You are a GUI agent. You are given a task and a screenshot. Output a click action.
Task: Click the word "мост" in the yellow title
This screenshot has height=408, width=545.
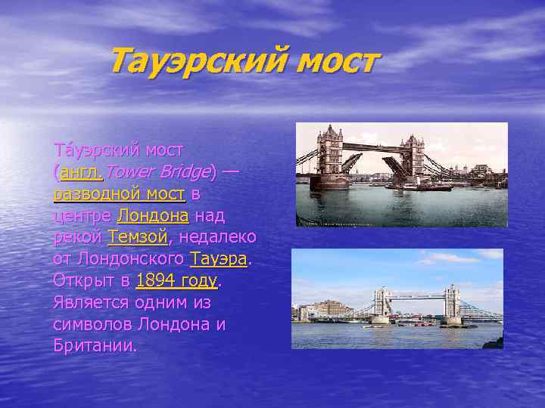[x=334, y=61]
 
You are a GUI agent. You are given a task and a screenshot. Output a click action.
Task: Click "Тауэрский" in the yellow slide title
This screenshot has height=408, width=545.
[x=196, y=61]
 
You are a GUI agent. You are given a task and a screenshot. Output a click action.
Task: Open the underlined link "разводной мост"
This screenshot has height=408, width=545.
[x=120, y=194]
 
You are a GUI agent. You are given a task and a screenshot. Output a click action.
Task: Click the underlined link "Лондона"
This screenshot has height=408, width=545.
[x=153, y=216]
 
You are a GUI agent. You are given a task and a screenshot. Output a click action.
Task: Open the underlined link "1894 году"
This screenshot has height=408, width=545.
[x=176, y=281]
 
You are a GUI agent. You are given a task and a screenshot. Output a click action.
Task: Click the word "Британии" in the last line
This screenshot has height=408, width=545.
[x=95, y=346]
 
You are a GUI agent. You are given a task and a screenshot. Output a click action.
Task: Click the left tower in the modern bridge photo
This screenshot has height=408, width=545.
[x=381, y=303]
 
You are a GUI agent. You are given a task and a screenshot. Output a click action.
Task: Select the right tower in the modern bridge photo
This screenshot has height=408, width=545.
[x=452, y=303]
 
